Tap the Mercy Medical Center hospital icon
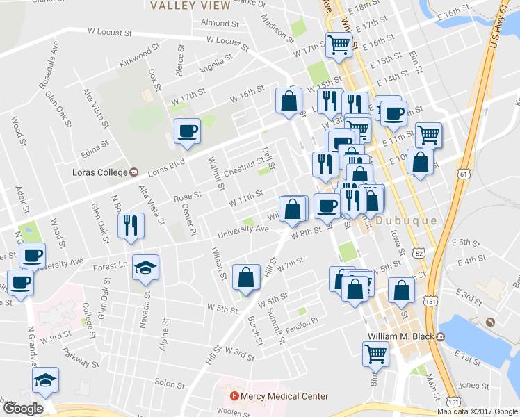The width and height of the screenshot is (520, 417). coord(234,397)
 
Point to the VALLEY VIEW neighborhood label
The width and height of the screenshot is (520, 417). coord(190,6)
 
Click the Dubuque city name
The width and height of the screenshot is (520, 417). coord(407,221)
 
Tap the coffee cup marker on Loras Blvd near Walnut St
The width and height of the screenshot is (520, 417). coord(188,131)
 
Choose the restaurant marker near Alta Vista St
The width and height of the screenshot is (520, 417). coord(131,225)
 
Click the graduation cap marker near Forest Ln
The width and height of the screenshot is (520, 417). coord(146,268)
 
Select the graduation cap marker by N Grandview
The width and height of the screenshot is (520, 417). coord(45,380)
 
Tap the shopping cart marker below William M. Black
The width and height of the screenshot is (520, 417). coord(375,354)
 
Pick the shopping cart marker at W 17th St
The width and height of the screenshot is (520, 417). coord(339,44)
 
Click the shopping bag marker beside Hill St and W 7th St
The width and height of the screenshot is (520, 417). coord(246,277)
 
